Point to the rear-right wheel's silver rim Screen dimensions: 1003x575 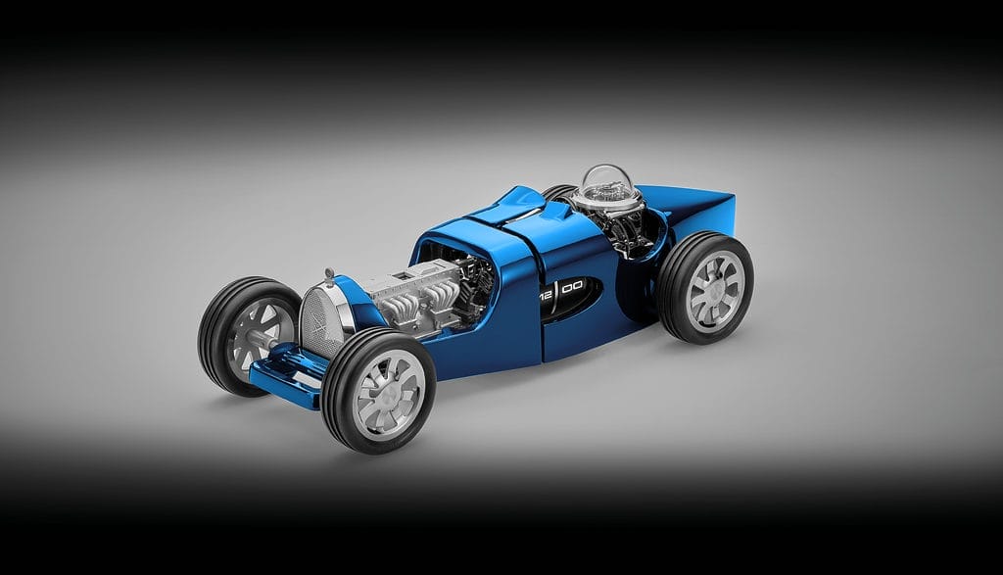715,290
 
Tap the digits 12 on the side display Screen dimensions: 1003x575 546,295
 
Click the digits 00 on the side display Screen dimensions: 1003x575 572,287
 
